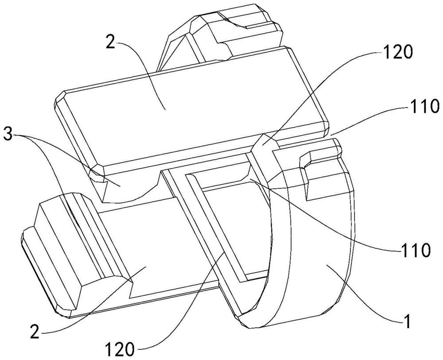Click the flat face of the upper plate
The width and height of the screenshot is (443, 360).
coord(186,106)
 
